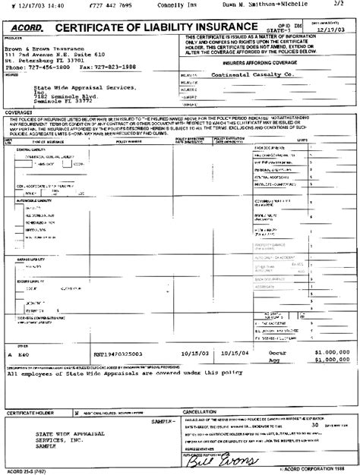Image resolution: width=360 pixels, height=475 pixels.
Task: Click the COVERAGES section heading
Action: coord(19,112)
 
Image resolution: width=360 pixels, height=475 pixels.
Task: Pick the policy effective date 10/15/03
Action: coord(194,354)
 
